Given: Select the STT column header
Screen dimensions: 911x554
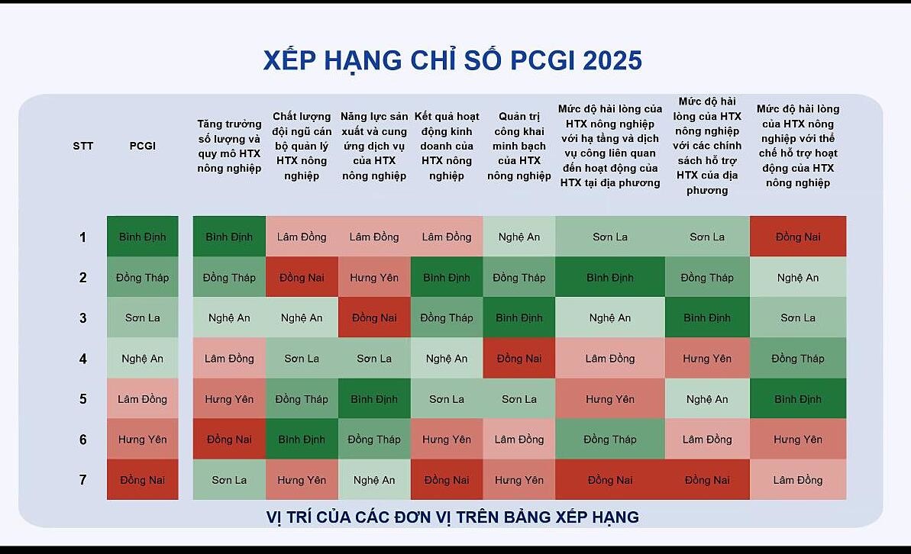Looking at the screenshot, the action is coord(83,146).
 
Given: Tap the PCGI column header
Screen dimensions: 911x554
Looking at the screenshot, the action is coord(142,146).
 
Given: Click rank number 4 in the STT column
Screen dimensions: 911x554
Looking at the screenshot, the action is coord(83,359).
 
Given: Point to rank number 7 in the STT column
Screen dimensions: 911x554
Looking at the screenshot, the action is coord(83,480).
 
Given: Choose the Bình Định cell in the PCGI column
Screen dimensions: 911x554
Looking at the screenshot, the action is coord(142,237).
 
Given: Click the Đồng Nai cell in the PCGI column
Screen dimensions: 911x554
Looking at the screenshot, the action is coord(142,480).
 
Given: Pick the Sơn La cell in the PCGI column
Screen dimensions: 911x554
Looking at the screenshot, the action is coord(142,317).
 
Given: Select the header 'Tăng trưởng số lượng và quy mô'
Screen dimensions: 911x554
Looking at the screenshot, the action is coord(229,146).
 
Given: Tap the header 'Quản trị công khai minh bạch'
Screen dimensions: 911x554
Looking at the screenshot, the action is coord(518,146).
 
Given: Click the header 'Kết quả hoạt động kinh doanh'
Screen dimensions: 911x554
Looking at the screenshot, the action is coord(447,146).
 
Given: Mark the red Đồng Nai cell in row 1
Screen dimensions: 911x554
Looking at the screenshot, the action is coord(798,237).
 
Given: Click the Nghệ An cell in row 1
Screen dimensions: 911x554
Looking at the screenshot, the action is coord(518,237).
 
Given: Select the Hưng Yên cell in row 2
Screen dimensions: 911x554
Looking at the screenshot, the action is coord(374,277).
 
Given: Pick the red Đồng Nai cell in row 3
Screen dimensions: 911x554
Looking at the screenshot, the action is coord(374,317).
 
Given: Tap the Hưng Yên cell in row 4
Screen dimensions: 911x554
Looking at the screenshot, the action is coord(707,359).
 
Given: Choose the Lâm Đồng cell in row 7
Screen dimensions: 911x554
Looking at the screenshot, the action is coord(798,480).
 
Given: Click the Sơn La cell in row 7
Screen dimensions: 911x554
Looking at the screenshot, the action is coord(229,480).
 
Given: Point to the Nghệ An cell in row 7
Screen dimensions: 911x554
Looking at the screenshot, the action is coord(374,480).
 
